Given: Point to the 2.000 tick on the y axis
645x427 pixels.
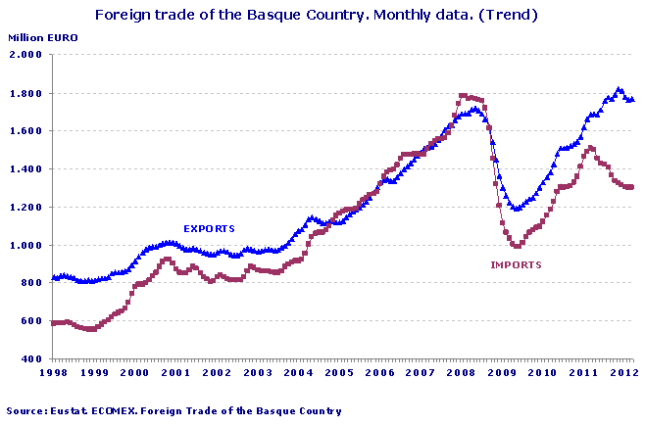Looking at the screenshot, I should pyautogui.click(x=25, y=55).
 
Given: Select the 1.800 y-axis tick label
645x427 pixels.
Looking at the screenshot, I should pyautogui.click(x=25, y=93).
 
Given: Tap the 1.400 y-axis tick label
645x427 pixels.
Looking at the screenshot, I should pyautogui.click(x=25, y=169).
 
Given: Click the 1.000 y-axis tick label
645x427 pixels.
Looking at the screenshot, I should pyautogui.click(x=25, y=246).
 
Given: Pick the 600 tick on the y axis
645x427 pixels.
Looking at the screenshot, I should pyautogui.click(x=30, y=321).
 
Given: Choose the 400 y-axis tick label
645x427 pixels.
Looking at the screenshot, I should pyautogui.click(x=30, y=359).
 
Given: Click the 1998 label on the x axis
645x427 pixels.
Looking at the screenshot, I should pyautogui.click(x=52, y=373).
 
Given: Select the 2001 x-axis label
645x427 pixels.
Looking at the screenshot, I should pyautogui.click(x=176, y=373).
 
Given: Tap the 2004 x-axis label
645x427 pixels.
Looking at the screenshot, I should pyautogui.click(x=298, y=373).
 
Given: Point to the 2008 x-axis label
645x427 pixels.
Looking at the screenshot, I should pyautogui.click(x=462, y=373).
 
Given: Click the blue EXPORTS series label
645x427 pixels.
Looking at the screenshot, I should pyautogui.click(x=210, y=228).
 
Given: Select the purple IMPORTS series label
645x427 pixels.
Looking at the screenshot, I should pyautogui.click(x=516, y=264).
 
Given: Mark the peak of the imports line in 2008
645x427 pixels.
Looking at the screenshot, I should pyautogui.click(x=464, y=96).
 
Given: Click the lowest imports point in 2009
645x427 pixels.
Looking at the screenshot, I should pyautogui.click(x=518, y=246).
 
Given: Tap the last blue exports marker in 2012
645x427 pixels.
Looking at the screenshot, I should pyautogui.click(x=631, y=99).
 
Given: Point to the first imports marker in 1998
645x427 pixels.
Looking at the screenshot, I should pyautogui.click(x=53, y=322).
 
